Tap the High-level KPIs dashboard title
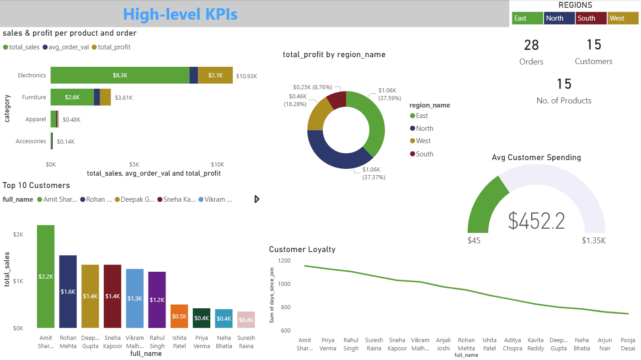[x=180, y=14]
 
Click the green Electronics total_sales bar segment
[x=120, y=75]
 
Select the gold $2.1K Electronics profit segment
[x=215, y=75]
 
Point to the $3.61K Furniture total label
[x=124, y=97]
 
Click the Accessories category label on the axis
[x=31, y=141]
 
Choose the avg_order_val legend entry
[x=69, y=47]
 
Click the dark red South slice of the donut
[x=337, y=100]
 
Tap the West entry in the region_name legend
[x=423, y=141]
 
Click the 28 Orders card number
[x=531, y=45]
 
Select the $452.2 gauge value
[x=536, y=221]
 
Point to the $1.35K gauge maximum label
[x=593, y=241]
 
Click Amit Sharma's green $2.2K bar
[x=46, y=276]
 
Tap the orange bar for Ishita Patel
[x=179, y=316]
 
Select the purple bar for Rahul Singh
[x=157, y=300]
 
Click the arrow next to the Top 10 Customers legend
[x=257, y=199]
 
